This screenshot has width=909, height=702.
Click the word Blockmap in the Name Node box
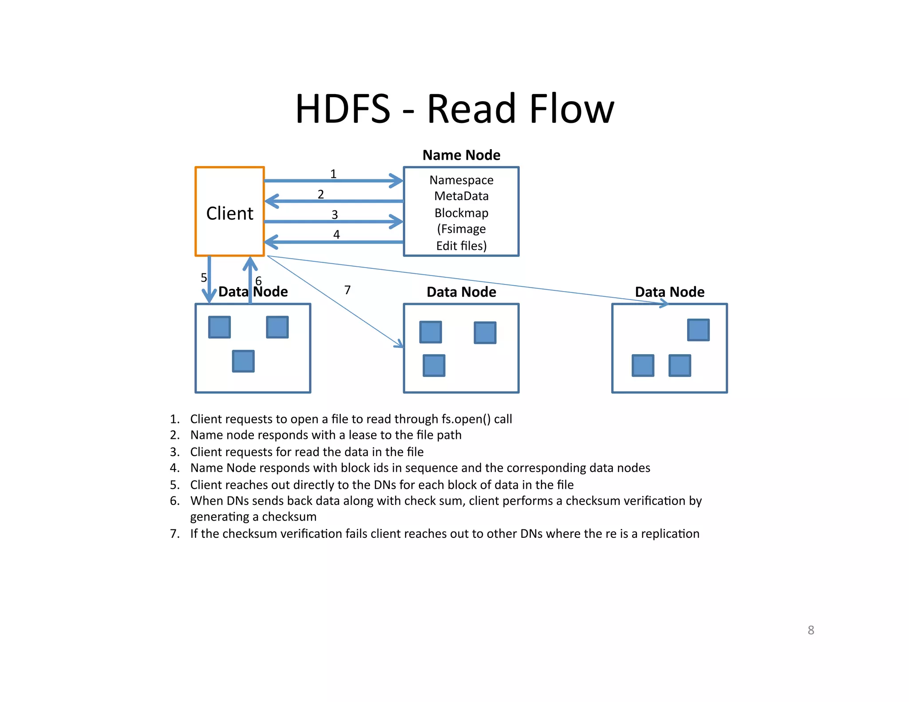(x=461, y=213)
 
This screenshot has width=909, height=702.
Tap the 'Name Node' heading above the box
(x=461, y=155)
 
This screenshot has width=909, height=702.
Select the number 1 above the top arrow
(x=333, y=174)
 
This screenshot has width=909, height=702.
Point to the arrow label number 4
(x=336, y=234)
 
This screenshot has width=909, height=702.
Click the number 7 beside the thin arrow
(x=348, y=290)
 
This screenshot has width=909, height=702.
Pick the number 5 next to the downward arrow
(x=204, y=278)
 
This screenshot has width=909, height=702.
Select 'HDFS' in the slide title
(x=343, y=109)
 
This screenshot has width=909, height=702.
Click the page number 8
(x=810, y=630)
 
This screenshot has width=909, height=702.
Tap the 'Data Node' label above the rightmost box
(x=669, y=292)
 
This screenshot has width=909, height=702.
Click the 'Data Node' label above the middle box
(x=461, y=292)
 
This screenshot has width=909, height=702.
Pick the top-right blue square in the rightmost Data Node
(x=698, y=330)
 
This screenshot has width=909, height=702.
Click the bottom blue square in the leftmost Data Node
(x=243, y=361)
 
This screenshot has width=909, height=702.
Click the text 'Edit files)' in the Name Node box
(x=461, y=246)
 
